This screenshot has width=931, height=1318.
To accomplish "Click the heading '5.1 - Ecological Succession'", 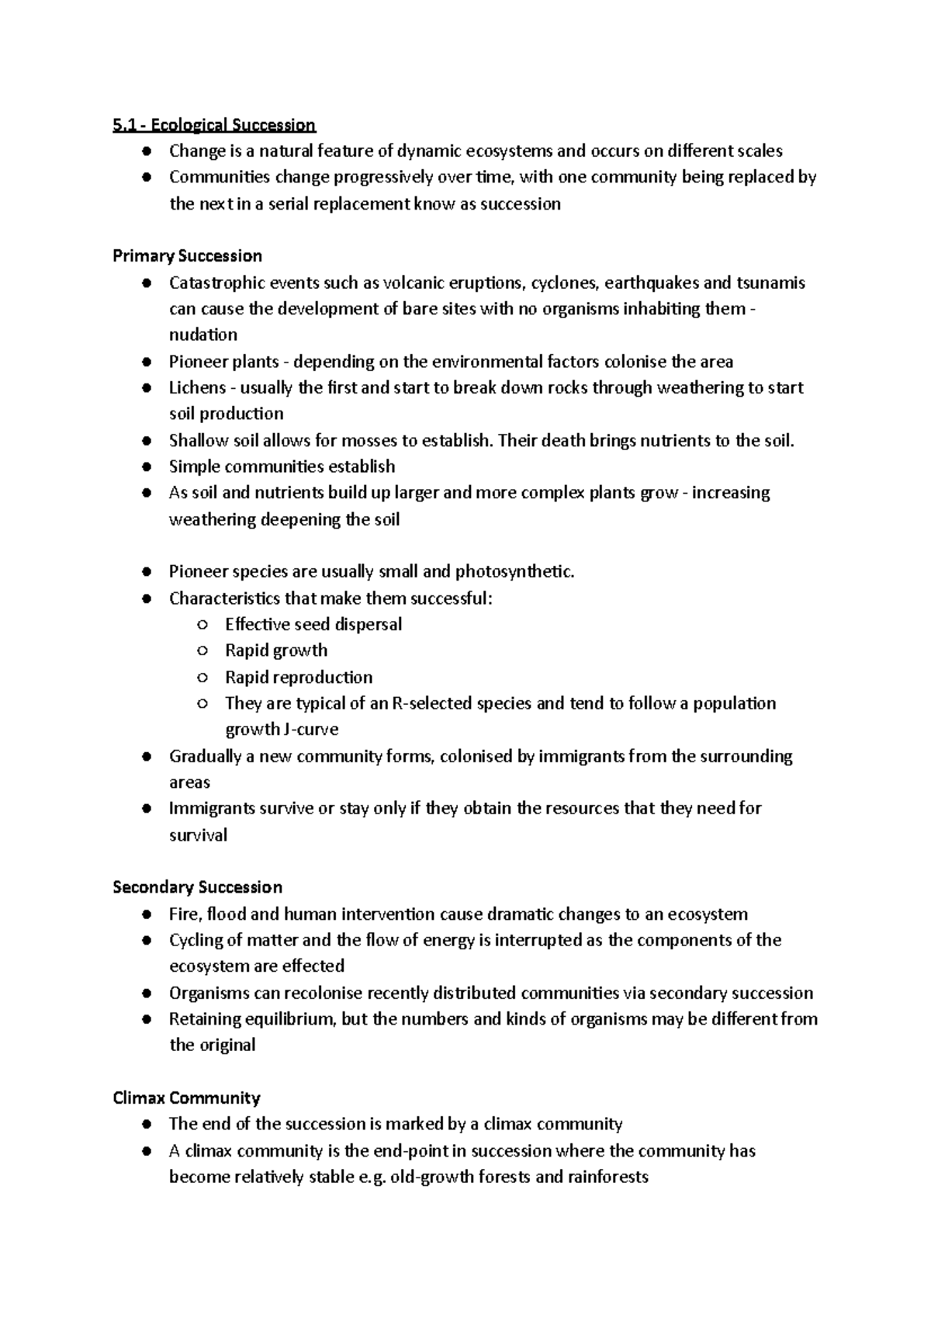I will pos(214,125).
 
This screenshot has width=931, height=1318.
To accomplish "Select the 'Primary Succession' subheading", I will pos(187,256).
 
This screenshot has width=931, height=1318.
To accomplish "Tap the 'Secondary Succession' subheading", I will pos(197,887).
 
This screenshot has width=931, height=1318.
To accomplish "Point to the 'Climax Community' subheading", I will pos(186,1098).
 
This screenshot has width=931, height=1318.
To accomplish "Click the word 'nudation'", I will pos(203,335).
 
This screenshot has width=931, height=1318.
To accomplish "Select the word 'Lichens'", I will pos(197,387).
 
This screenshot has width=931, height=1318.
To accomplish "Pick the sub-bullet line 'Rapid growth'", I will pos(276,650).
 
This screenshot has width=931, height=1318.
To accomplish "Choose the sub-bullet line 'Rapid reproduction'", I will pos(299,677).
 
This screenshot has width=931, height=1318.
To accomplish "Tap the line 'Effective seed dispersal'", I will pos(313,624).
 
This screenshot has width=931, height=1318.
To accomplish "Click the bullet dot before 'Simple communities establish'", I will pos(146,467).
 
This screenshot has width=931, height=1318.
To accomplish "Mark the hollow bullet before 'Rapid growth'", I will pos(202,651).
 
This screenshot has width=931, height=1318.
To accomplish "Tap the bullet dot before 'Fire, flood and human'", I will pos(146,914).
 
